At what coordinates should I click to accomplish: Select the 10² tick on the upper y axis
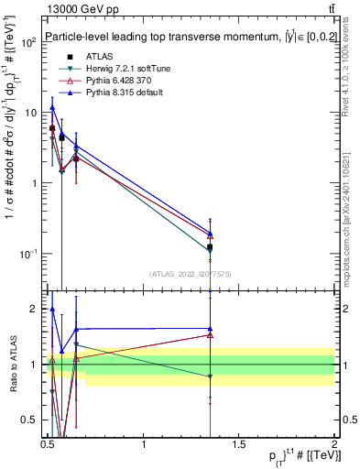click(29, 42)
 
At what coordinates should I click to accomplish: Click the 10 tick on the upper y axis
click(31, 113)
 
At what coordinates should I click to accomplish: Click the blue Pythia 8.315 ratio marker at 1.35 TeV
click(211, 329)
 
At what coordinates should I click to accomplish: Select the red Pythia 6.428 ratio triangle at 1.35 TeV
click(211, 335)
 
